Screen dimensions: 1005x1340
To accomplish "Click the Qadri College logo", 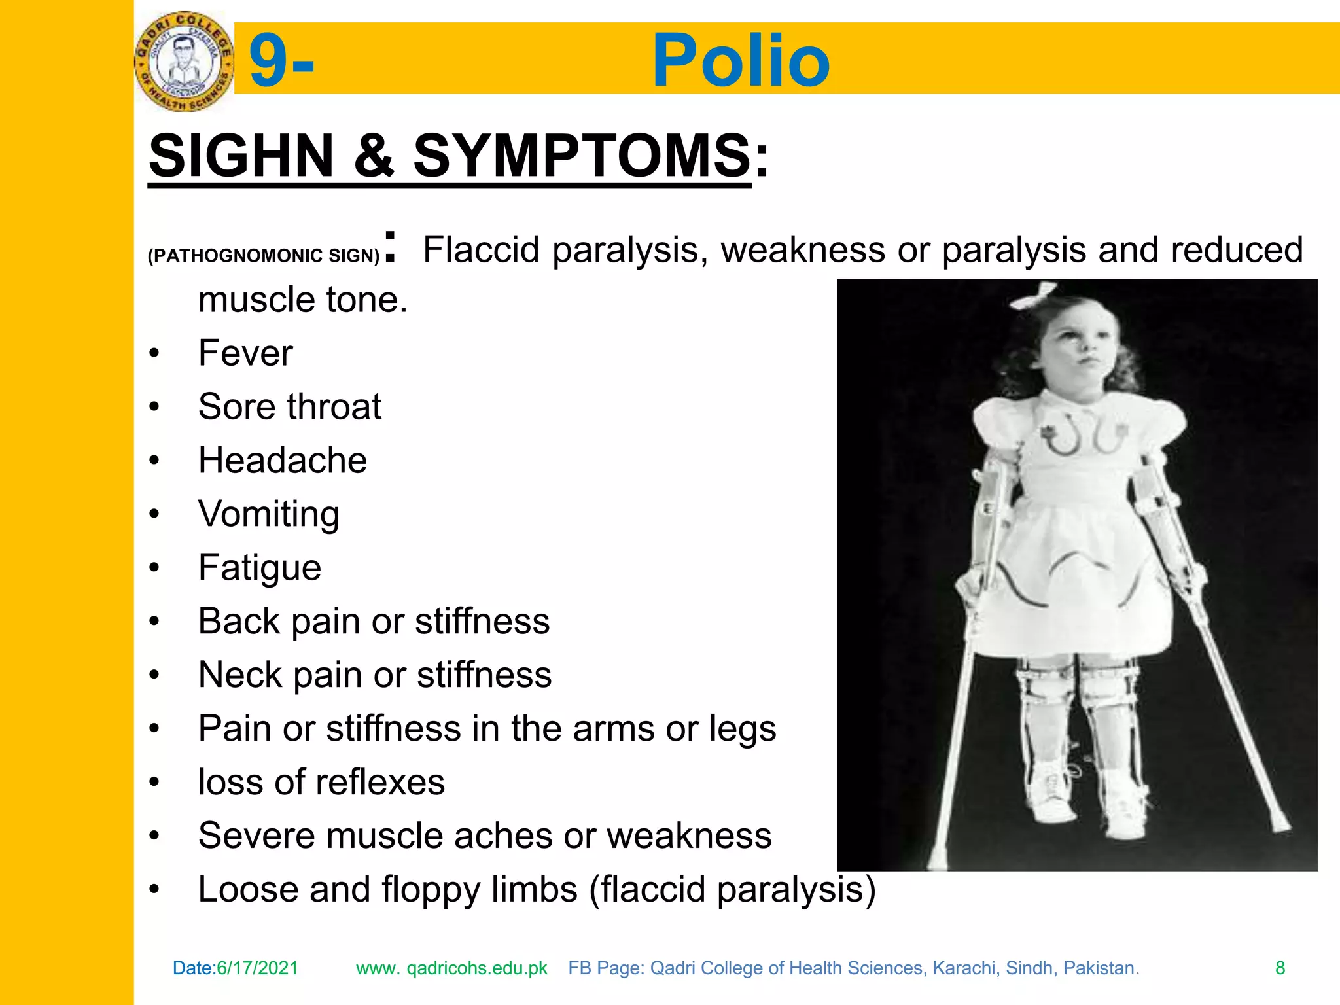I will point(184,60).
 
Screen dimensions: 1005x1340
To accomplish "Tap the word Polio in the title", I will point(741,60).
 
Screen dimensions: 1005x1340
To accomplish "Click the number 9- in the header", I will point(281,60).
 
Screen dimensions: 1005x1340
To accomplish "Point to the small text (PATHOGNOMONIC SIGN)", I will point(264,255).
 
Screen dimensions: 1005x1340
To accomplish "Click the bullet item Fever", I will point(245,353).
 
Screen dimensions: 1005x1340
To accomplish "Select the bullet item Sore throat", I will point(290,407).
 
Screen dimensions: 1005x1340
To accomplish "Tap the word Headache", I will point(283,461).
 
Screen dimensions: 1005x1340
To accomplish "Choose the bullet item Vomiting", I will point(269,514).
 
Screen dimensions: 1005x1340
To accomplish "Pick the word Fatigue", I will point(260,568).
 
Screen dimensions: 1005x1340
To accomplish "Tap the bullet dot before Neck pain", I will point(154,675).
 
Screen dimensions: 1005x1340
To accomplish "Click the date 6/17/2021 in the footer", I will point(257,968).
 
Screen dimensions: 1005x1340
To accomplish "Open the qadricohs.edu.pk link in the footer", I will point(451,968).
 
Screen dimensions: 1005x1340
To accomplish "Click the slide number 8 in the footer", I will point(1280,968).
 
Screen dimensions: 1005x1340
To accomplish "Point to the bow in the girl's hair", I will point(1034,296).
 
